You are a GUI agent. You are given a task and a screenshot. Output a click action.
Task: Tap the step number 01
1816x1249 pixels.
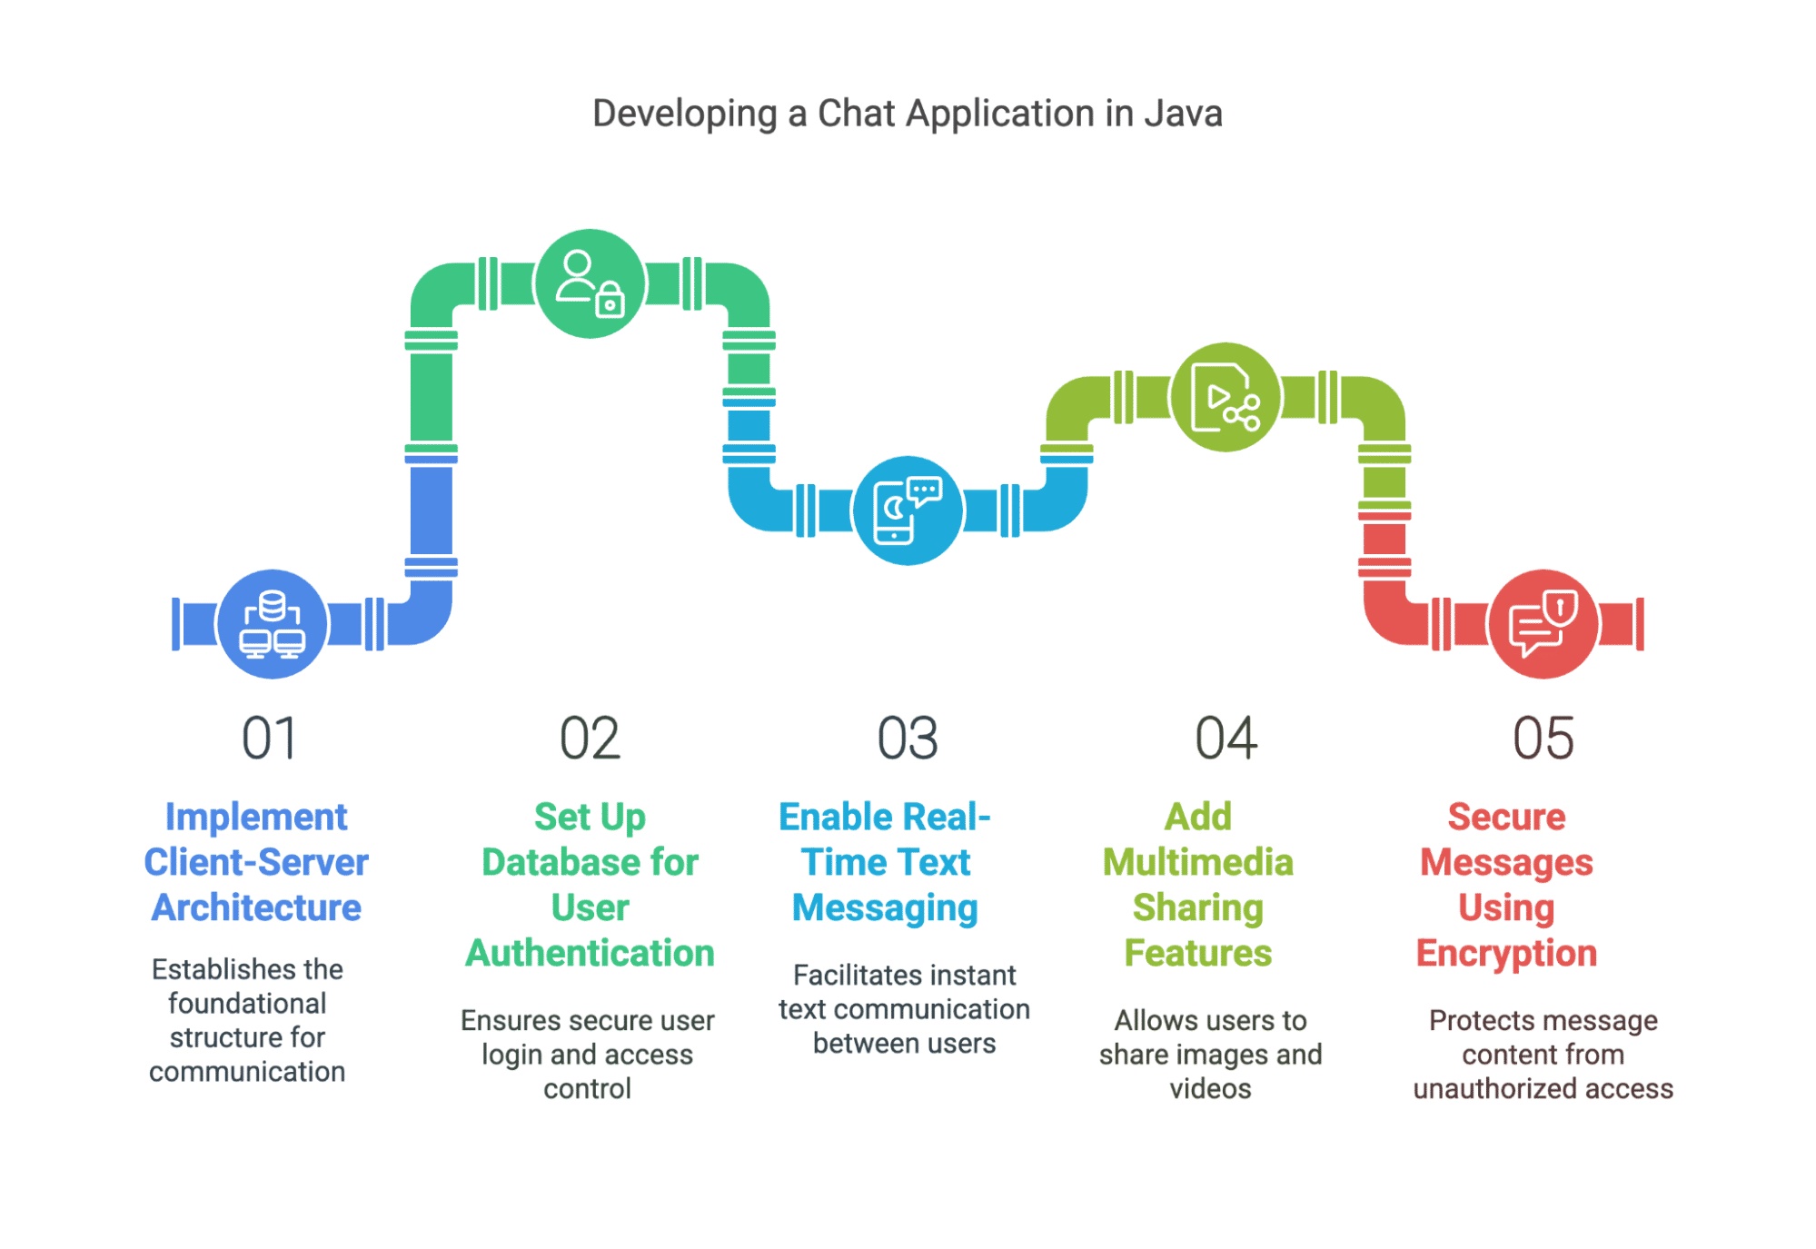click(270, 738)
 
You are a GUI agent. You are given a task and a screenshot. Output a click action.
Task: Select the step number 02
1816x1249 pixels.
click(590, 738)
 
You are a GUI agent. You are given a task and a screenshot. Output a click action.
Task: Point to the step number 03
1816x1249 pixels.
click(908, 738)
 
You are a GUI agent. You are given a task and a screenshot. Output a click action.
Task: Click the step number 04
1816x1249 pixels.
click(1226, 738)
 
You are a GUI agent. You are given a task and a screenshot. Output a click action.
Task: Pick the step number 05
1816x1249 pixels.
click(1543, 738)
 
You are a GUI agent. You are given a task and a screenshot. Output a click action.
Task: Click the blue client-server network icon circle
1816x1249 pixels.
click(272, 624)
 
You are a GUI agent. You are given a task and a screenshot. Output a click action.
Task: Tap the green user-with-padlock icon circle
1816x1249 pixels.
click(590, 283)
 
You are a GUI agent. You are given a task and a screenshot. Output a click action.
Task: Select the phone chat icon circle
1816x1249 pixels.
click(908, 511)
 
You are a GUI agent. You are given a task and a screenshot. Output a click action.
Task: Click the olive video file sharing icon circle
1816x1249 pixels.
click(1226, 397)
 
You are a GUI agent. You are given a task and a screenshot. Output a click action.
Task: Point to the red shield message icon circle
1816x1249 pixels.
click(1543, 624)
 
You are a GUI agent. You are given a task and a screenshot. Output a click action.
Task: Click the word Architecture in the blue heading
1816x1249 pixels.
click(256, 907)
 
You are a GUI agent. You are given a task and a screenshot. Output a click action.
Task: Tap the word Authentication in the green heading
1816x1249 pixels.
click(590, 953)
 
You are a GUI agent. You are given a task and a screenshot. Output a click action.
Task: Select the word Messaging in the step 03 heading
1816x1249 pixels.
click(885, 908)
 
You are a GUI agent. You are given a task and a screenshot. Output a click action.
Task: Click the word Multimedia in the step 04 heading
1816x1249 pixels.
click(1197, 862)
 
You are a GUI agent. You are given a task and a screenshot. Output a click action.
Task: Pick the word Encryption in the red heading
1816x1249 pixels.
click(1506, 954)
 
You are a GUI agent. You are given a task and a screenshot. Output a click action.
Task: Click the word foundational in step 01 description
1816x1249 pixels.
click(247, 1003)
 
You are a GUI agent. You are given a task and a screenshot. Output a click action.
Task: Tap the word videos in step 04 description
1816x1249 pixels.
click(1210, 1088)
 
